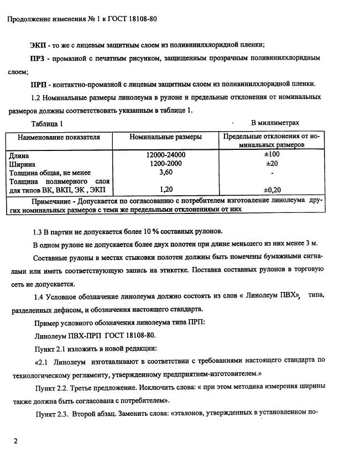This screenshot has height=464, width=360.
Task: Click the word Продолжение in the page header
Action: click(30, 18)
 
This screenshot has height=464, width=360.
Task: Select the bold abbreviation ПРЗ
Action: click(40, 58)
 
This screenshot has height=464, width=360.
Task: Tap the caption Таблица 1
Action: click(48, 123)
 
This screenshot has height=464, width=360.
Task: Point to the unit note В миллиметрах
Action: click(275, 123)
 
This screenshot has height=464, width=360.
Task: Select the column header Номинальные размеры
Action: click(165, 137)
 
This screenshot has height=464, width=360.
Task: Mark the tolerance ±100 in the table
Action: click(272, 155)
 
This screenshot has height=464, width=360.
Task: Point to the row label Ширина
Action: click(23, 164)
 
